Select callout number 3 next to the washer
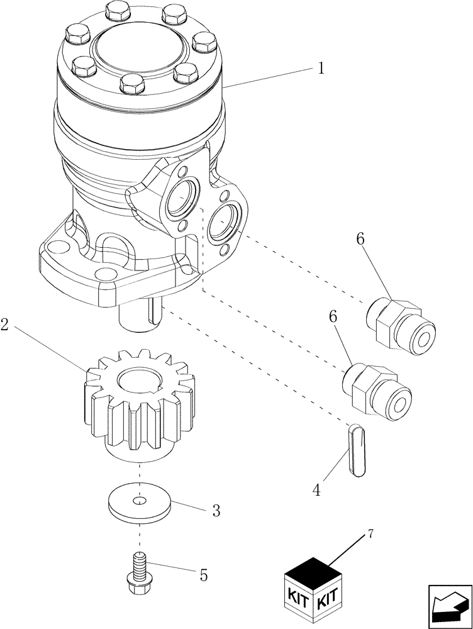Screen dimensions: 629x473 tap(215, 510)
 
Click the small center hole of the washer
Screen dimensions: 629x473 tap(140, 501)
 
